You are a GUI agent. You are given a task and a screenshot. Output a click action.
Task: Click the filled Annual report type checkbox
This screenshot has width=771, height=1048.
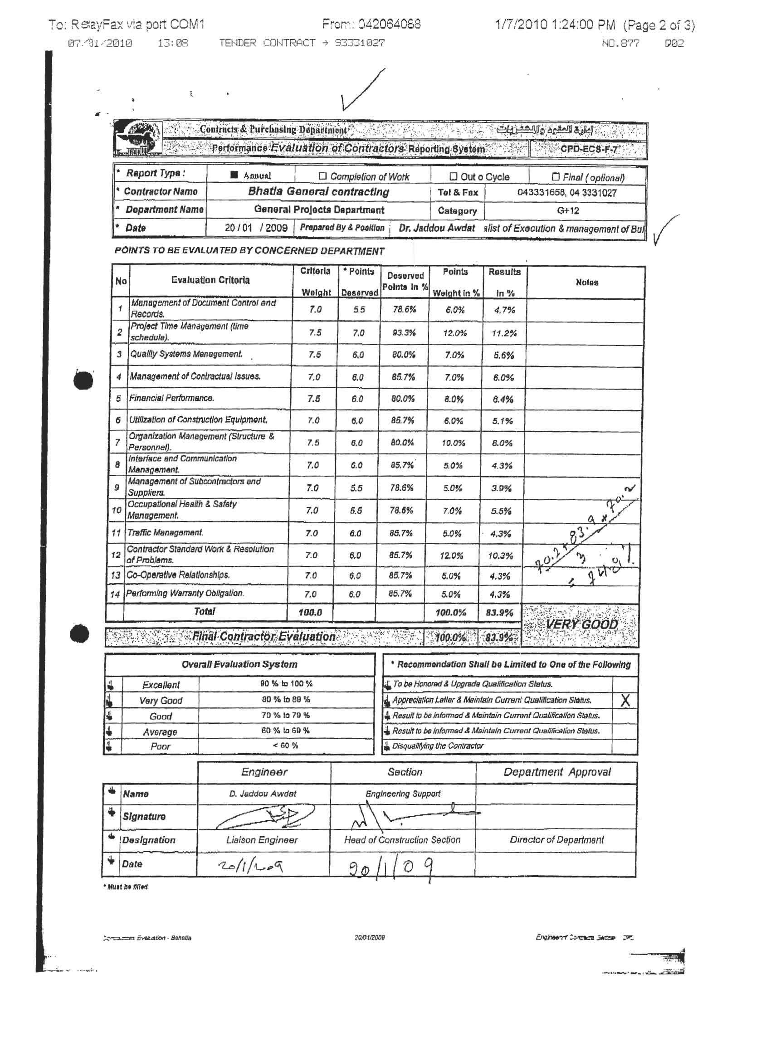234,175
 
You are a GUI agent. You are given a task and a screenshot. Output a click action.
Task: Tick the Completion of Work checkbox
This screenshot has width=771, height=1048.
322,176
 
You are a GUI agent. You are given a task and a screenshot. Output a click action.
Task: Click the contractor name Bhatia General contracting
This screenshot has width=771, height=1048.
318,191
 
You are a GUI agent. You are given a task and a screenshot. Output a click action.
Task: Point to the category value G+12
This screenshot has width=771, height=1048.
567,210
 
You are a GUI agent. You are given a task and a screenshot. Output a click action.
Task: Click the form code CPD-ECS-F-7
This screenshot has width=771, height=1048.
589,150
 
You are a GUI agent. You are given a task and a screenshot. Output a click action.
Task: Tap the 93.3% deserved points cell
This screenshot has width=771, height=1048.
404,333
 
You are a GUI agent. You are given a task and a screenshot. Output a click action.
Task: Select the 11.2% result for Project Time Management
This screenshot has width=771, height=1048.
504,333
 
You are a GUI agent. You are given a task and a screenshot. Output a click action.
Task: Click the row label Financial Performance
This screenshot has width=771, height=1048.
172,398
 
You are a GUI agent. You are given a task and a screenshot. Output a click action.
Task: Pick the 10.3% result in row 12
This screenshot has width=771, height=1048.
502,555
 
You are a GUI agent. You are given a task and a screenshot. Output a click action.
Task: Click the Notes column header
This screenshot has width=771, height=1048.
587,283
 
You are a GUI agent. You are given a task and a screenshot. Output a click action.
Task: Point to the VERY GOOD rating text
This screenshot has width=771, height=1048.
581,624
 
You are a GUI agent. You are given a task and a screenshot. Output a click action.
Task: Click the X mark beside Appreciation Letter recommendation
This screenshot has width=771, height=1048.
625,700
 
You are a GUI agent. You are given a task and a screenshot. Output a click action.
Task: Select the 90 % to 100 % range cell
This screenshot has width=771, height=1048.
286,684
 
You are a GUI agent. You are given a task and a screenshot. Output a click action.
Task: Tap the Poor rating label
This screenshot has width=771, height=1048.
160,746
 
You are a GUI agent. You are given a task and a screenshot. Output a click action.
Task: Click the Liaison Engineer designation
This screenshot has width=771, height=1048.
262,840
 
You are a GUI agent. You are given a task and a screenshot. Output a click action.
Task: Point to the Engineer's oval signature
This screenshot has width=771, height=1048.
264,817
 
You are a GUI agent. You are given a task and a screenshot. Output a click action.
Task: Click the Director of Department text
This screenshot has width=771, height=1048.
556,840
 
